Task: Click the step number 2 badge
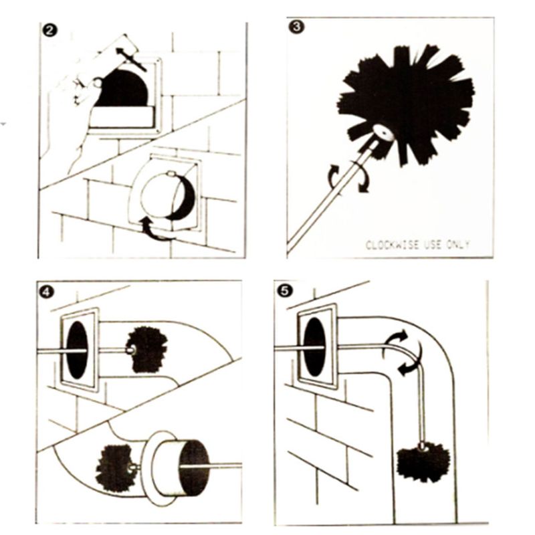pos(48,30)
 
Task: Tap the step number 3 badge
pos(294,26)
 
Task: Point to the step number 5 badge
pos(284,291)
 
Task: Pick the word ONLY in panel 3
pos(455,245)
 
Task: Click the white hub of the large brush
pos(383,132)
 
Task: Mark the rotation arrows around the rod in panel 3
pos(347,178)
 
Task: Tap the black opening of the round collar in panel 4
pos(193,467)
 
